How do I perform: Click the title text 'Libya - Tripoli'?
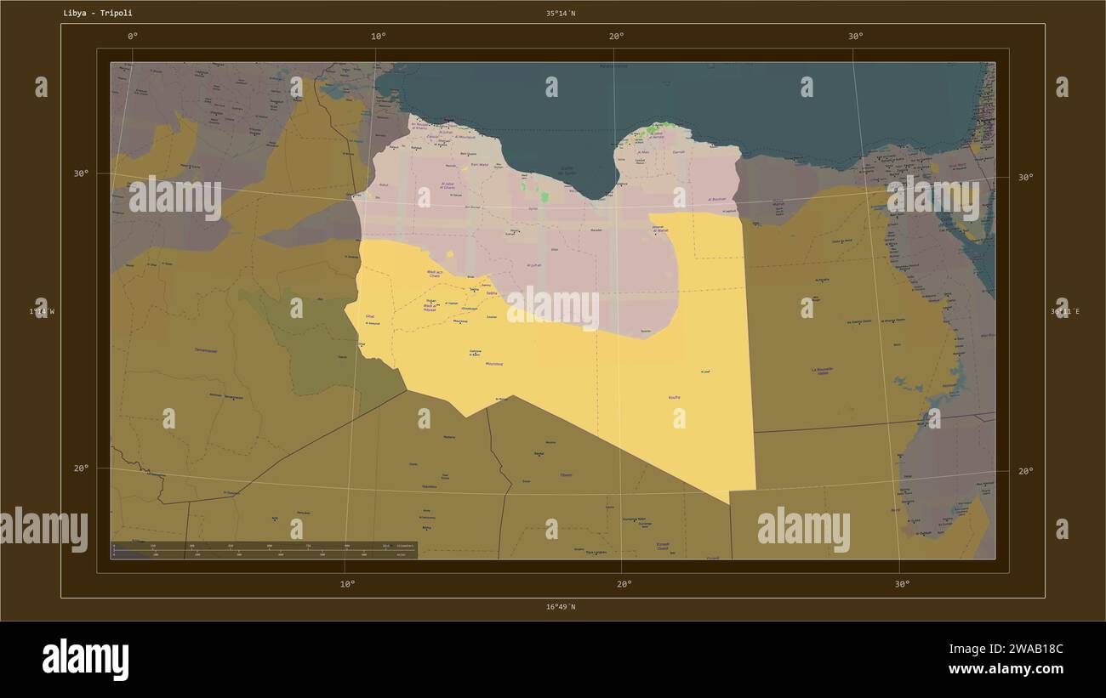click(x=98, y=14)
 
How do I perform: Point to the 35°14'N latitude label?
click(x=561, y=14)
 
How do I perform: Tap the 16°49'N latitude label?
click(x=561, y=607)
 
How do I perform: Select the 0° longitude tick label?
click(x=132, y=36)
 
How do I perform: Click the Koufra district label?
click(x=674, y=397)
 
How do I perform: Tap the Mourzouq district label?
click(x=493, y=364)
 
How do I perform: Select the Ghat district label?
click(x=370, y=316)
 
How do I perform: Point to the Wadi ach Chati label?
click(x=433, y=274)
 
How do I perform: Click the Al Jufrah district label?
click(x=534, y=265)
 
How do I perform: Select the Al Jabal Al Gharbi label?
click(x=448, y=185)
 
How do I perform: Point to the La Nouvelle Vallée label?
click(x=822, y=371)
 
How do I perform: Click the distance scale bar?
click(x=264, y=549)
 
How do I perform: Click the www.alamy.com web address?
click(x=1007, y=669)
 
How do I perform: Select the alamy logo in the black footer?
click(x=85, y=660)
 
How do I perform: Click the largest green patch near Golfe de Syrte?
click(x=544, y=196)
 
